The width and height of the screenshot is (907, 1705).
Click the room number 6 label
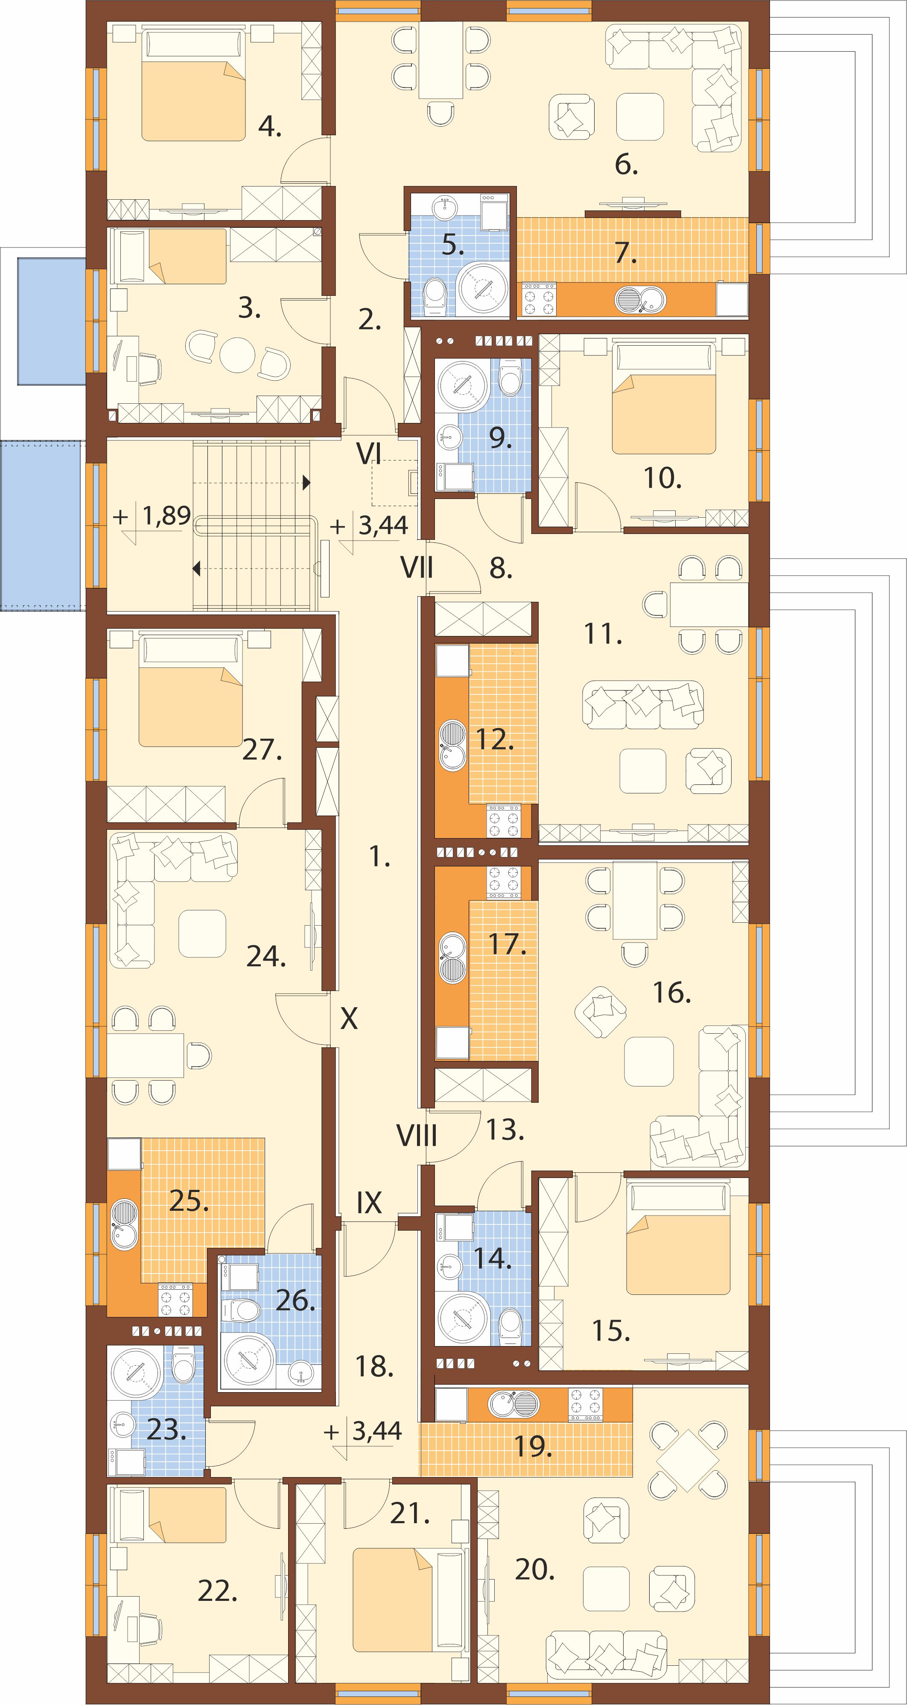(x=626, y=164)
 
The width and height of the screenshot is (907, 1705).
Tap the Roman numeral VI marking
(x=369, y=453)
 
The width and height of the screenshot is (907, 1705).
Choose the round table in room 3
(x=237, y=356)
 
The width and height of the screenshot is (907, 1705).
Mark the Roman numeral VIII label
(x=417, y=1136)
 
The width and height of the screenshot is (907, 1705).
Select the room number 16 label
(x=672, y=992)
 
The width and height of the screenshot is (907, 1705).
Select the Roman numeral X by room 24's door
(x=349, y=1019)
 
